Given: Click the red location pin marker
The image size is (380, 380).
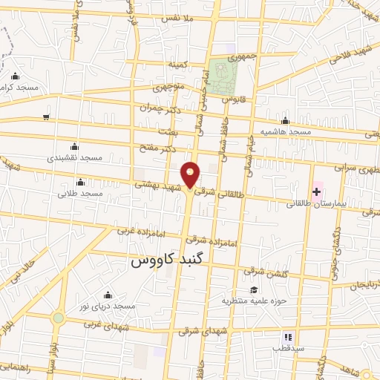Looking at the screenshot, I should point(191,175).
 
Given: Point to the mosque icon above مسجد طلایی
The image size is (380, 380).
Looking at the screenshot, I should point(80,182).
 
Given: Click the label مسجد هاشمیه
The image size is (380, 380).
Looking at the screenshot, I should point(284,132).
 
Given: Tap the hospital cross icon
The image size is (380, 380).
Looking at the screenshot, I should point(316,191).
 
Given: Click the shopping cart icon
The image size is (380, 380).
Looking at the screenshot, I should point(46,117).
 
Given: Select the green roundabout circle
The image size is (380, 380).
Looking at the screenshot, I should point(57,318).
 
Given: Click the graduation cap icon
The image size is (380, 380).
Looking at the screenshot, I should point(255,290).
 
